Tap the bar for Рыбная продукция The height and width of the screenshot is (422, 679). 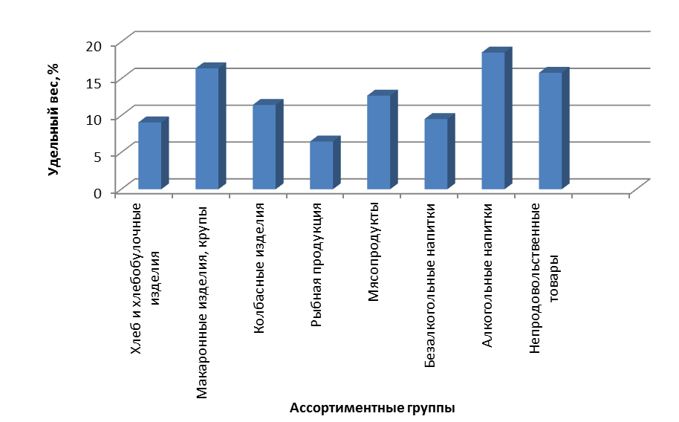point(321,164)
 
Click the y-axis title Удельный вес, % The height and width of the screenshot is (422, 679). point(53,119)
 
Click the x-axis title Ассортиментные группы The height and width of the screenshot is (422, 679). point(371,408)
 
